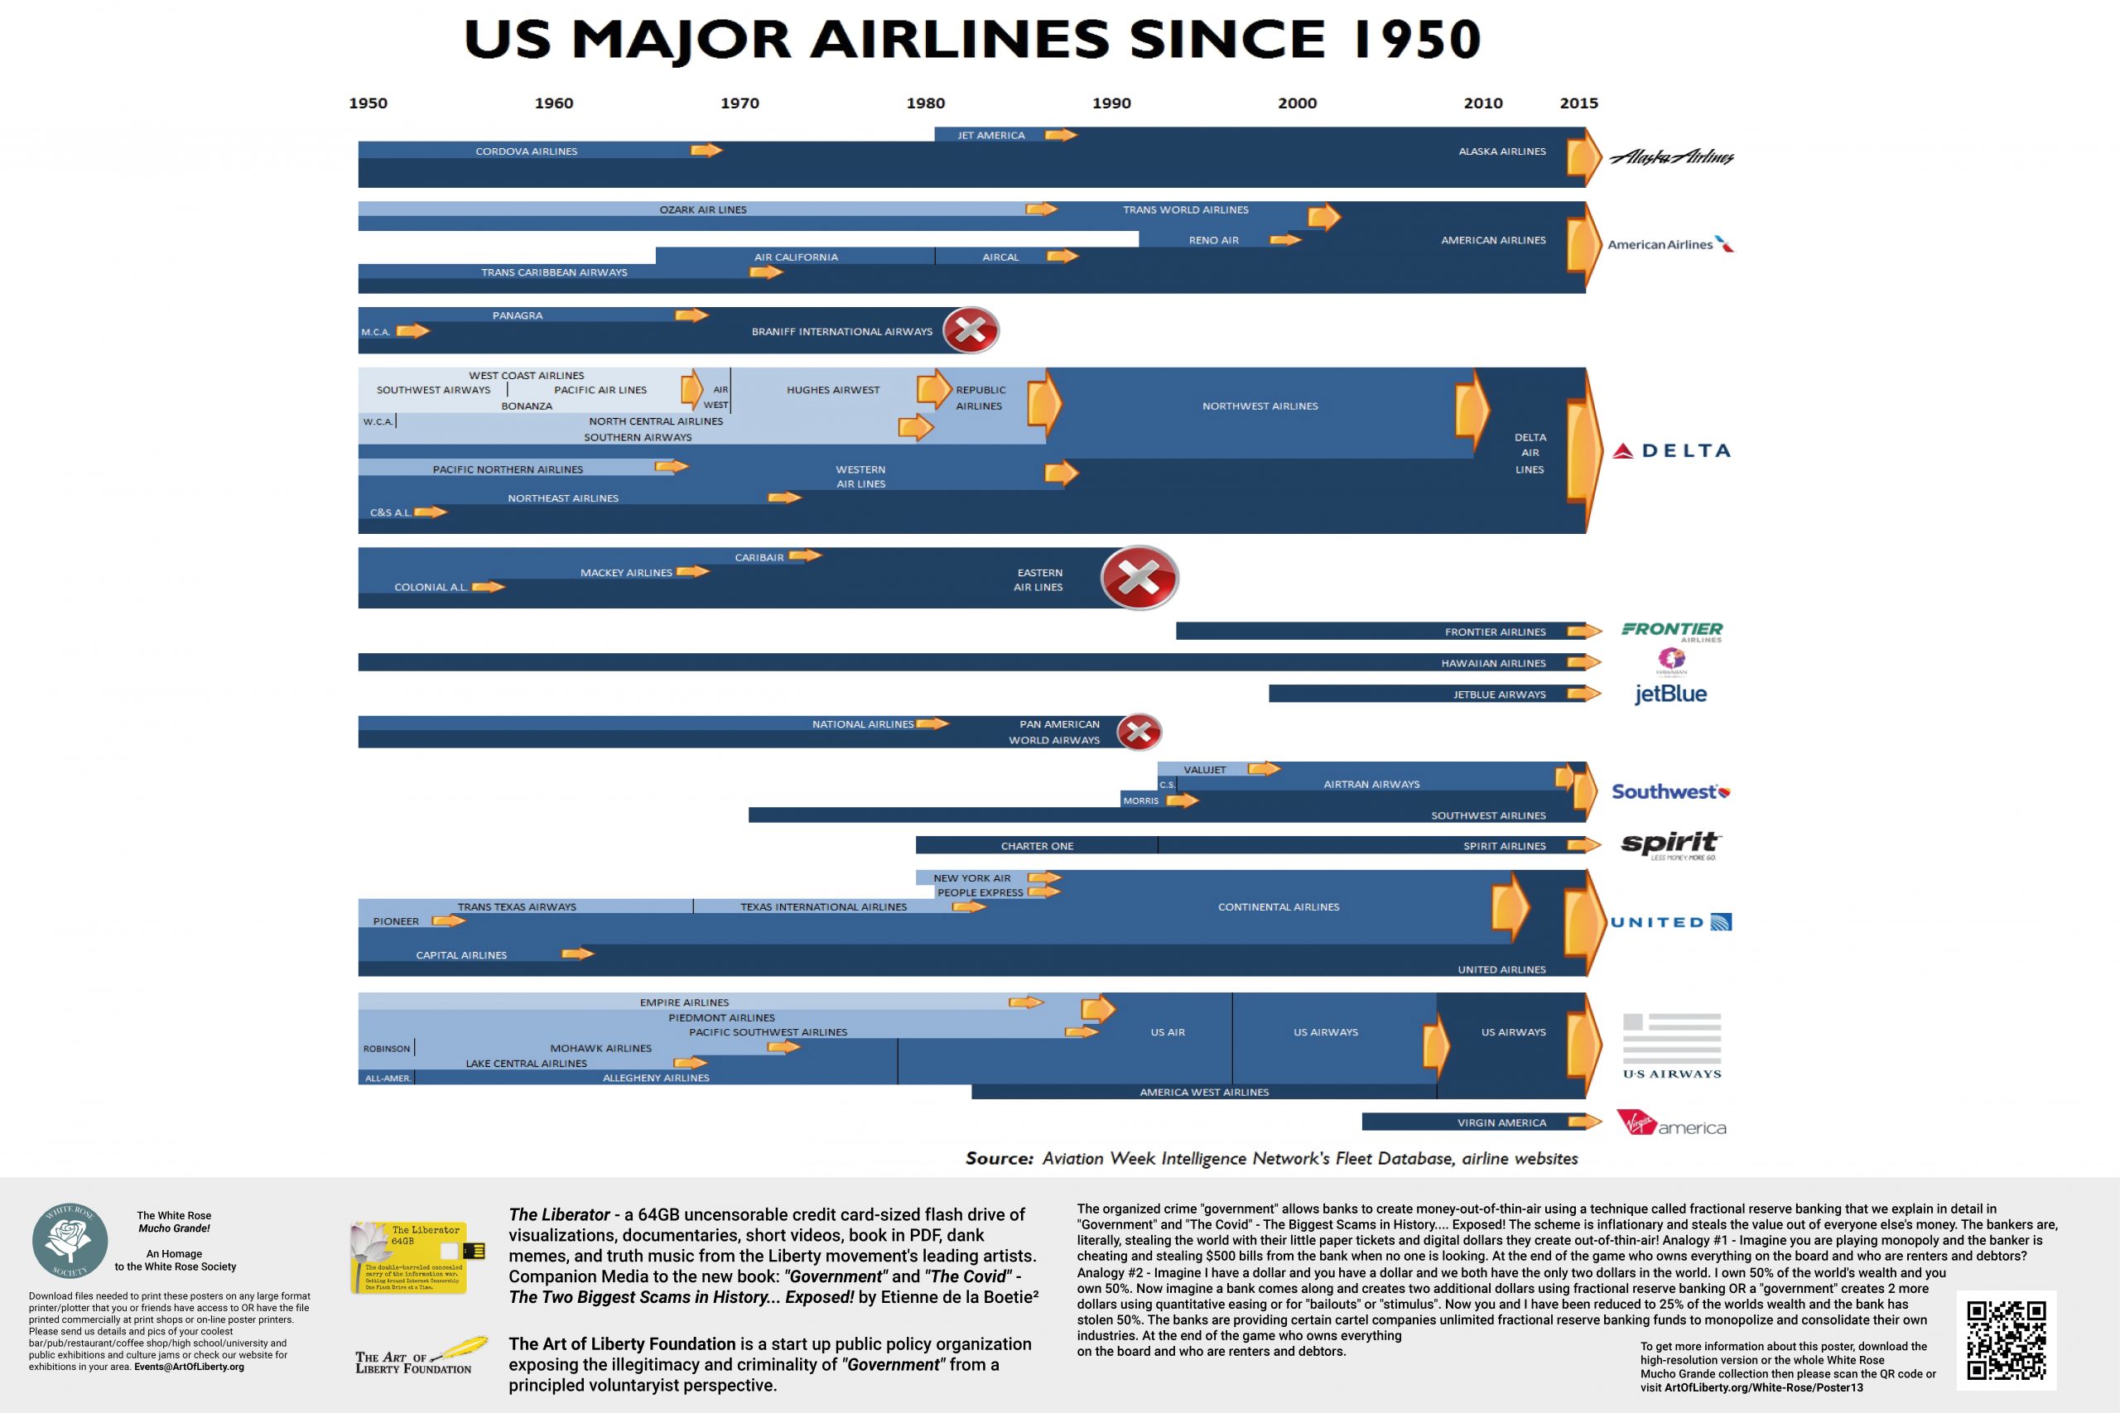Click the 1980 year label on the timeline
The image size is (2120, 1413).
click(925, 103)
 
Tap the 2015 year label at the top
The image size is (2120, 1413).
click(1578, 103)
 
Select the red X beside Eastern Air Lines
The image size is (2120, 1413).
click(1139, 578)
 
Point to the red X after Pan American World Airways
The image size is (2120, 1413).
click(1139, 732)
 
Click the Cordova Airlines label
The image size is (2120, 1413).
click(527, 151)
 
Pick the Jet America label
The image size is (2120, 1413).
click(990, 135)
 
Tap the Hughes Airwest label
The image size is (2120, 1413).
click(833, 390)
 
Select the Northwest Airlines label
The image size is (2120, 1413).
click(1260, 406)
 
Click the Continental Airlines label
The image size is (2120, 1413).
click(1278, 906)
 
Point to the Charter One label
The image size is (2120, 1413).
click(1037, 846)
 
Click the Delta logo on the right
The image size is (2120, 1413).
click(1671, 450)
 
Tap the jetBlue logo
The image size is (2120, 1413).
click(1670, 694)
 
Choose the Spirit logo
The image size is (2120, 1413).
click(1670, 844)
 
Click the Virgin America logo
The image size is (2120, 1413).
click(1671, 1124)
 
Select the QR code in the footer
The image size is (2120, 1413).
click(2006, 1340)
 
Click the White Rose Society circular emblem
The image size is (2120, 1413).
click(70, 1242)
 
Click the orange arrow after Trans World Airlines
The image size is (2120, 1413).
click(1324, 216)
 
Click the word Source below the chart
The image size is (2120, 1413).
click(999, 1159)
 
